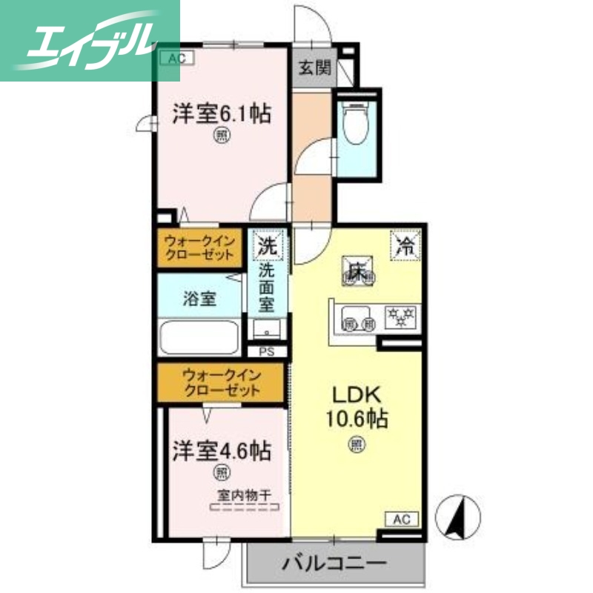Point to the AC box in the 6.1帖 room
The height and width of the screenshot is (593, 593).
[x=171, y=57]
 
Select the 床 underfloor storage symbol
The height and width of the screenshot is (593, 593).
[x=360, y=269]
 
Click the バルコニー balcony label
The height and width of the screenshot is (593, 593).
[x=334, y=563]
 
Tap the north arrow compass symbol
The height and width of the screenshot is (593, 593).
[x=458, y=514]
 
